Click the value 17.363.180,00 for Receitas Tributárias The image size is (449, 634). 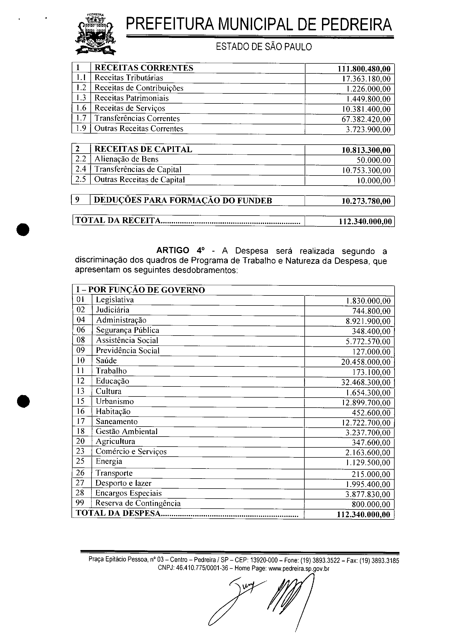point(366,79)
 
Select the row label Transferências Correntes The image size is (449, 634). point(137,118)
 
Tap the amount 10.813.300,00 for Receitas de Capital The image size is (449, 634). point(366,150)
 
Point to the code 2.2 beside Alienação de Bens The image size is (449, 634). point(81,159)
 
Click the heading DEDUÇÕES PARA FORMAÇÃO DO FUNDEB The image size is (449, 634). point(183,200)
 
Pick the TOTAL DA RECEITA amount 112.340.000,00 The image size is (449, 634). point(365,222)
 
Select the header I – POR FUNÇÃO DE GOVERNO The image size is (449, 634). point(141,290)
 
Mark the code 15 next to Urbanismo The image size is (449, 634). point(80,401)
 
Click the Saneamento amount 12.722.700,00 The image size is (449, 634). point(366,423)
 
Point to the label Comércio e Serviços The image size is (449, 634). point(131,451)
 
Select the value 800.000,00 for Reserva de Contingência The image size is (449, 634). point(371,504)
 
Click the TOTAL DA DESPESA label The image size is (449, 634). point(118,513)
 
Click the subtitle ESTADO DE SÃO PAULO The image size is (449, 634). point(263,47)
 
